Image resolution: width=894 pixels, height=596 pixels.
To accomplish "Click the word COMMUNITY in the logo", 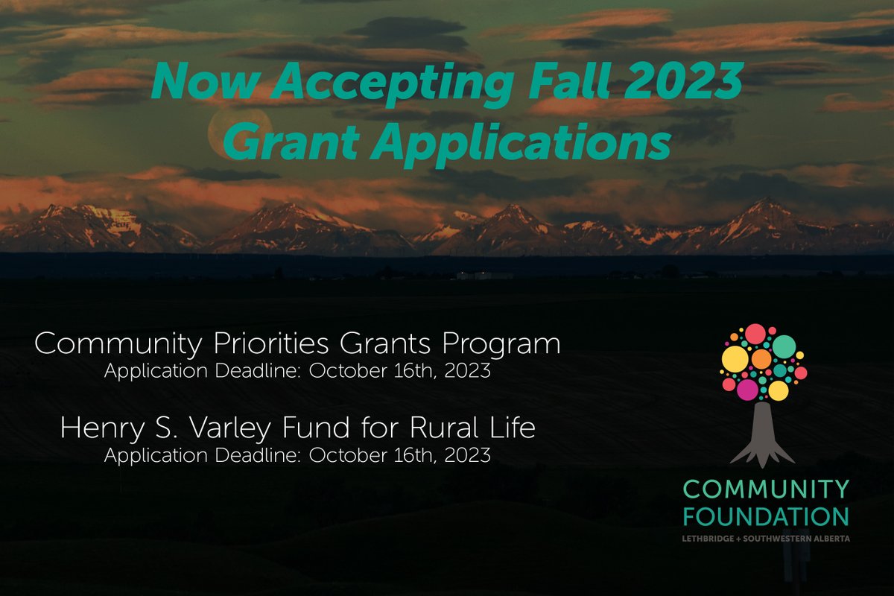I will click(766, 489).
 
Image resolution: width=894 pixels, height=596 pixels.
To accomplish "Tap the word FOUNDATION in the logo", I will click(766, 516).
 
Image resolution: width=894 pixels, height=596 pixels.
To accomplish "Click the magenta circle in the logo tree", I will click(746, 389).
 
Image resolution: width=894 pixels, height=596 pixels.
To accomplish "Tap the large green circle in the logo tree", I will click(784, 346).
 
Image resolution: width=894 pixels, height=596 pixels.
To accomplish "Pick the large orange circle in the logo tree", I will click(761, 359).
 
